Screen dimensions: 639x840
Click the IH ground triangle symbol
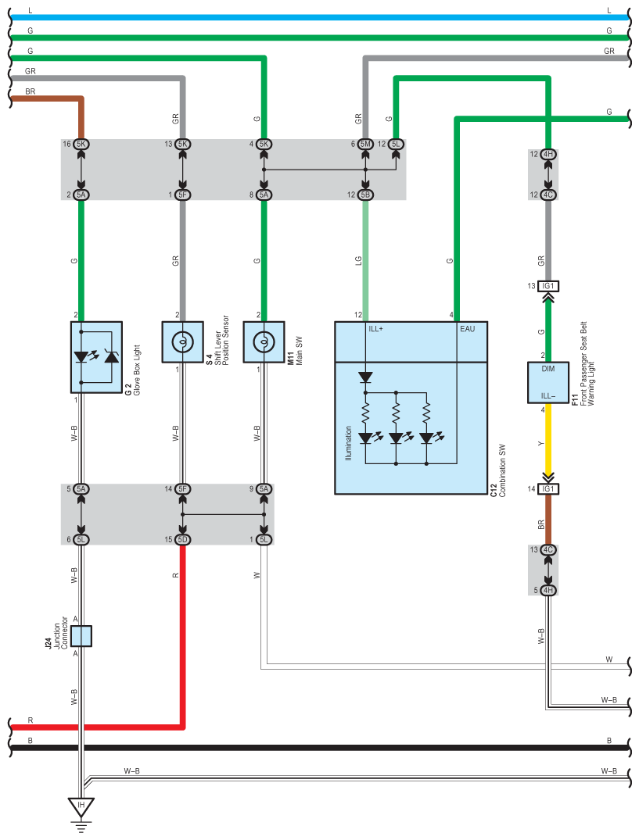click(x=81, y=806)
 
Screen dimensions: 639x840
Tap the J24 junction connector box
click(x=81, y=636)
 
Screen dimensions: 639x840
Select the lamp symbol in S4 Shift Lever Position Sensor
click(x=183, y=341)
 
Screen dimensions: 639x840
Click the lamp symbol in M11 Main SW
click(x=264, y=341)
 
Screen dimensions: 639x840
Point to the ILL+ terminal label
click(x=375, y=329)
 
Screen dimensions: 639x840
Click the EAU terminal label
click(x=468, y=329)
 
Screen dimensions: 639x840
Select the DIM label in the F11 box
click(x=547, y=369)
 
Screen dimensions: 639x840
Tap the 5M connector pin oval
click(x=365, y=144)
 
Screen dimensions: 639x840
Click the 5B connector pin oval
click(x=365, y=195)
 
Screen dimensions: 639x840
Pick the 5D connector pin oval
click(x=183, y=539)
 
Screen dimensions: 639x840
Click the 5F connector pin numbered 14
click(x=183, y=488)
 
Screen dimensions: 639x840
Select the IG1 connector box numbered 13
click(x=547, y=286)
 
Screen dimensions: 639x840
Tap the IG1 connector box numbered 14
click(x=547, y=488)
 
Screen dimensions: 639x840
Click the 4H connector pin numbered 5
click(x=547, y=591)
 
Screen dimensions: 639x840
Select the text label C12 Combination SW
click(x=498, y=470)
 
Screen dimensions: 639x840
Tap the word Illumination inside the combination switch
click(x=349, y=443)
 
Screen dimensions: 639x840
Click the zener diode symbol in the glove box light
click(x=112, y=356)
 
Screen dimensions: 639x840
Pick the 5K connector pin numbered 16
click(x=81, y=144)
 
